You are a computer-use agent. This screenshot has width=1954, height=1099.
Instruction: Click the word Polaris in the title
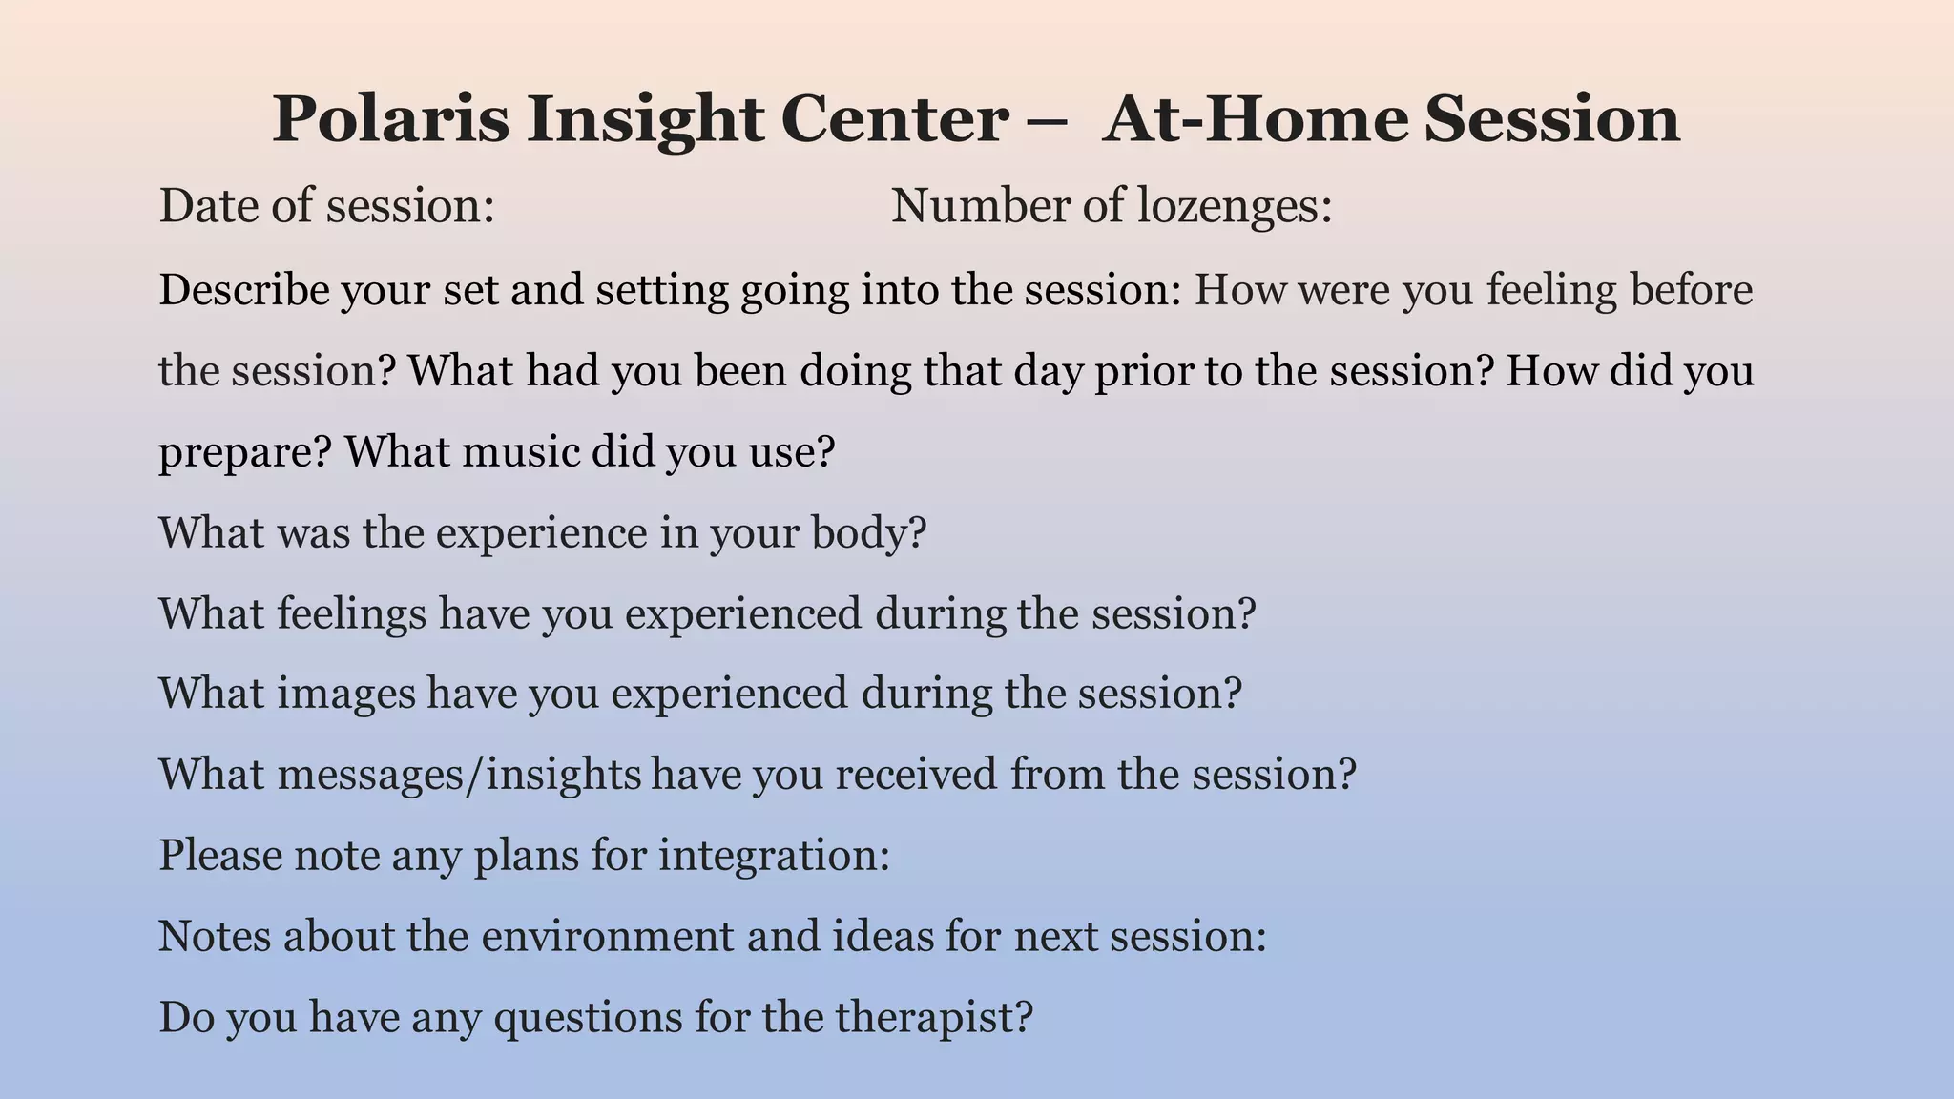pyautogui.click(x=391, y=119)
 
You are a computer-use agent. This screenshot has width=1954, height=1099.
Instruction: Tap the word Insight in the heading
pyautogui.click(x=646, y=119)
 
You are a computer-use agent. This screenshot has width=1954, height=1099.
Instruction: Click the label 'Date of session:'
pyautogui.click(x=326, y=206)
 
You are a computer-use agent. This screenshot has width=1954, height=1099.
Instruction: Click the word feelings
pyautogui.click(x=352, y=612)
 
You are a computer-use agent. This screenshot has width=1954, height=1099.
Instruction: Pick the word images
pyautogui.click(x=347, y=693)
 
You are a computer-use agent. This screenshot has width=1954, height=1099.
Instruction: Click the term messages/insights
pyautogui.click(x=460, y=774)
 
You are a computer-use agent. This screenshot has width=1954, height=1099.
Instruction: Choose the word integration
pyautogui.click(x=774, y=855)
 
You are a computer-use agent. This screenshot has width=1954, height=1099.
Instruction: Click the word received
pyautogui.click(x=916, y=774)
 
